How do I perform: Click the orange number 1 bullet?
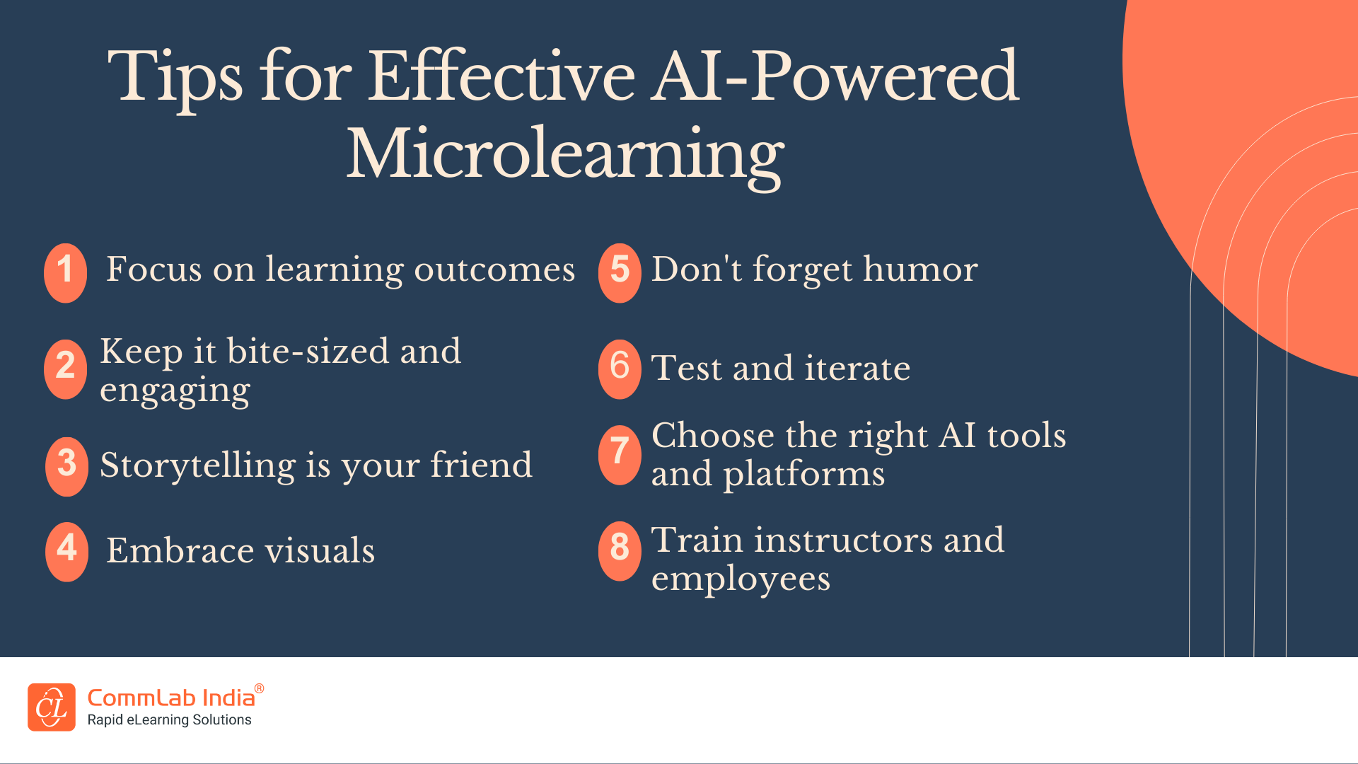point(65,272)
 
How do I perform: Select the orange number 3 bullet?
point(66,465)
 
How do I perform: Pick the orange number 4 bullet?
point(66,551)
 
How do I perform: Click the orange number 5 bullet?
point(620,272)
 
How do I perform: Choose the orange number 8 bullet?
point(620,550)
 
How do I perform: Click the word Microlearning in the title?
point(564,154)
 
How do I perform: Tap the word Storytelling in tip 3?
point(198,466)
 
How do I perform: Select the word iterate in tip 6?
point(857,369)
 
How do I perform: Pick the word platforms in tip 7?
point(803,474)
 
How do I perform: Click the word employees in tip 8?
point(740,579)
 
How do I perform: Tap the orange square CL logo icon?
point(52,707)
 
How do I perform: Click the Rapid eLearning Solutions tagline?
point(169,720)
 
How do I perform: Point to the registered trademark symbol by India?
point(259,688)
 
